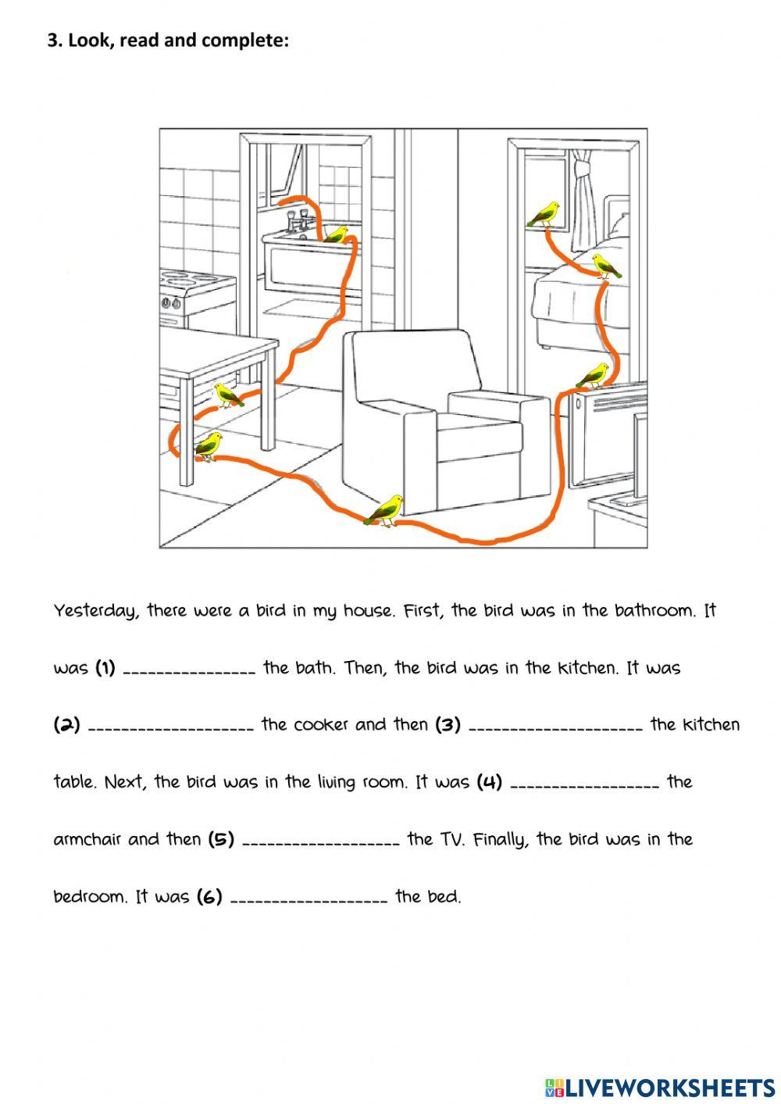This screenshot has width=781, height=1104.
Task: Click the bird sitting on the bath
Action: coord(337,234)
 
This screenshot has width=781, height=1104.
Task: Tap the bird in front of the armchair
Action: coord(386,509)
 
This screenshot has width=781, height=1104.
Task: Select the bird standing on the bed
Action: coord(605,266)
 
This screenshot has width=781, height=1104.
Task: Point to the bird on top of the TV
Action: coord(593,376)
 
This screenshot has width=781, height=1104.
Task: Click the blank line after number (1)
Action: coord(189,671)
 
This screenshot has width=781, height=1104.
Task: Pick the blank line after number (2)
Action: coord(171,728)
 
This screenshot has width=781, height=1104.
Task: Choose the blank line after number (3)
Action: coord(556,728)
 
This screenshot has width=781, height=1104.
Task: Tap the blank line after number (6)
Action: coord(309,900)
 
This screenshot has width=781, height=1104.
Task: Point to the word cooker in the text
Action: coord(321,725)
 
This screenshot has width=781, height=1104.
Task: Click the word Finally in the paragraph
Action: coord(502,840)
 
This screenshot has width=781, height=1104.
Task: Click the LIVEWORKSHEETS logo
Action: coord(660,1086)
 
